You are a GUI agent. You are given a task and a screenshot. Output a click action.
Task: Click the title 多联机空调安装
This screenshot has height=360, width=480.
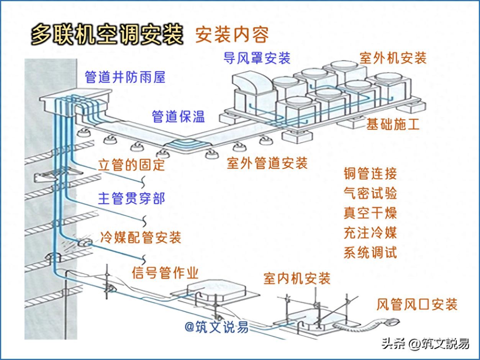(107, 34)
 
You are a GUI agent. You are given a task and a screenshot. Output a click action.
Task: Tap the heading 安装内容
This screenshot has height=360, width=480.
(232, 35)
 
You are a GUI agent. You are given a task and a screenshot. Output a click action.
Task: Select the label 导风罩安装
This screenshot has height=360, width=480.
(257, 58)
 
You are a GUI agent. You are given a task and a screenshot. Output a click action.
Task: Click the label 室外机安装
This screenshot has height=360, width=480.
(393, 58)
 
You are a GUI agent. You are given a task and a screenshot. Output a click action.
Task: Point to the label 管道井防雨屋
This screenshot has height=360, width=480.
(125, 77)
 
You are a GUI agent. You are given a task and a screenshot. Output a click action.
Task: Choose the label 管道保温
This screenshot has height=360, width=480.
(178, 116)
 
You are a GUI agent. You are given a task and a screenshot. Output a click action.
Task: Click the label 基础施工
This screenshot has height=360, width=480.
(393, 124)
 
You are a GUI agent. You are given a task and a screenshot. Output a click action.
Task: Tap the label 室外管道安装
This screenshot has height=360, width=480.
(267, 164)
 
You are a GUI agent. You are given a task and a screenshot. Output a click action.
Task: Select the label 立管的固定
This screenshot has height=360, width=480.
(131, 165)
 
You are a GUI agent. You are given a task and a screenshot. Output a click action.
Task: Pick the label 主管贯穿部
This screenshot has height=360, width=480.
(131, 199)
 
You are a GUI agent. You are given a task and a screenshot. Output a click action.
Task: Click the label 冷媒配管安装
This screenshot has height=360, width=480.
(140, 237)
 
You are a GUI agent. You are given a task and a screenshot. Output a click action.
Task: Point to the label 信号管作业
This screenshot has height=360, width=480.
(165, 273)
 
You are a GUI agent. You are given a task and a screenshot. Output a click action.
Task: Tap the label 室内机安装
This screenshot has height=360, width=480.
(297, 278)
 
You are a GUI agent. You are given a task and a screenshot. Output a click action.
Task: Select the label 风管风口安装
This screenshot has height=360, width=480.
(417, 304)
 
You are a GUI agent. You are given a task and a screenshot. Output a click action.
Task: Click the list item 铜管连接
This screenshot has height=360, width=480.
(370, 173)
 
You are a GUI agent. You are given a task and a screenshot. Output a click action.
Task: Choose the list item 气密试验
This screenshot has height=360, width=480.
(370, 193)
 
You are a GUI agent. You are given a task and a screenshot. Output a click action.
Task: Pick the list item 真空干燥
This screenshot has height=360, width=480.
(370, 213)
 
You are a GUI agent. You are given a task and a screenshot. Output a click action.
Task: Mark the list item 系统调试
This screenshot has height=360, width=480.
(370, 253)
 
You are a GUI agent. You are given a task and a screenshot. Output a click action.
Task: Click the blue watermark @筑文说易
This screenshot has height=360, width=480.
(216, 327)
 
